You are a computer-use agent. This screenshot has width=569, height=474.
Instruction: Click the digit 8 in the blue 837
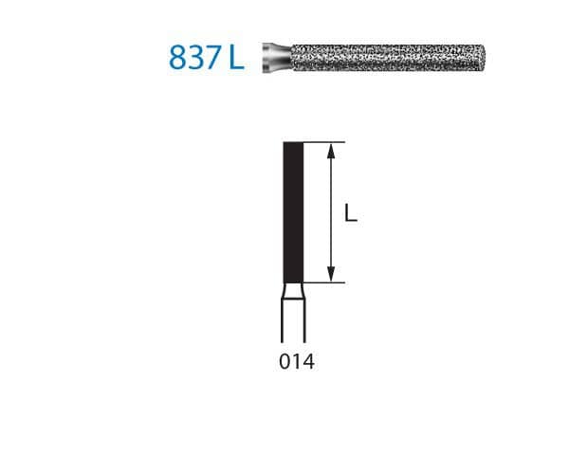click(x=179, y=57)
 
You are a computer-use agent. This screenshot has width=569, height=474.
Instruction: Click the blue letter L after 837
click(x=236, y=57)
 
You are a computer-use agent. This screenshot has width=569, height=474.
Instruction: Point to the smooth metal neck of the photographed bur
click(x=274, y=57)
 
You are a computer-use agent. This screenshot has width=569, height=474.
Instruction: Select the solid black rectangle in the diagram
click(x=293, y=211)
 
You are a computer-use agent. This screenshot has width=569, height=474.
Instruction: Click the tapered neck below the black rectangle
click(x=293, y=291)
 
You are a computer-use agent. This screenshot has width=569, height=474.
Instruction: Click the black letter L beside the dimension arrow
click(x=351, y=213)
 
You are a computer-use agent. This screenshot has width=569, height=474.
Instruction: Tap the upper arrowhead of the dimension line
click(x=331, y=149)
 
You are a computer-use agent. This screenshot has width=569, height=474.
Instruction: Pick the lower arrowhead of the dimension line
click(x=331, y=276)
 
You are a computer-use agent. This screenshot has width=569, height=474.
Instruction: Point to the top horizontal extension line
click(x=322, y=142)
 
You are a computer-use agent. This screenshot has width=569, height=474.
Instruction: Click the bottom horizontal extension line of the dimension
click(x=322, y=283)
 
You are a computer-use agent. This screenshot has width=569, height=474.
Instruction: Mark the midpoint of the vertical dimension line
click(x=331, y=212)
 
